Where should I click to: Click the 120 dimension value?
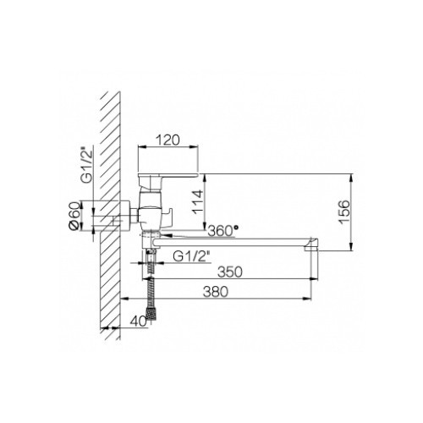(x=168, y=140)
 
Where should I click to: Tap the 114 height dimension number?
(x=197, y=202)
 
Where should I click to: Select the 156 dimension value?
(x=344, y=212)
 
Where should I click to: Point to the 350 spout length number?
(x=230, y=272)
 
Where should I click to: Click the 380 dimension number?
(x=216, y=292)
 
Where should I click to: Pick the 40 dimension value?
(x=138, y=321)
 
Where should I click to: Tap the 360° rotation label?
(x=222, y=231)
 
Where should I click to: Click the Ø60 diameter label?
(x=74, y=216)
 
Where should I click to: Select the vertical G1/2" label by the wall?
(x=87, y=165)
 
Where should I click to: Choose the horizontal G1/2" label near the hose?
(x=191, y=256)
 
